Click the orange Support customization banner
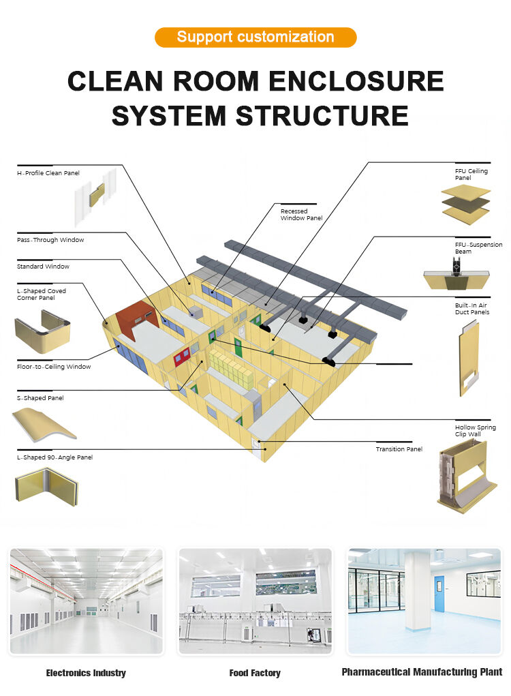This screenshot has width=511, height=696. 255,37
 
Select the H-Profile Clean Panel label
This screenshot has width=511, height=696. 48,173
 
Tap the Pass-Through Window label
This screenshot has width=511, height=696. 50,240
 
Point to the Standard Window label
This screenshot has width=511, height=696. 43,267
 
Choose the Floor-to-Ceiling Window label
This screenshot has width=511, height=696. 54,367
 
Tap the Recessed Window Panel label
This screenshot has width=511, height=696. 301,215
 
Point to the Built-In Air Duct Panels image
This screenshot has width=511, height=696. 469,358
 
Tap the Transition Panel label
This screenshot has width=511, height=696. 399,449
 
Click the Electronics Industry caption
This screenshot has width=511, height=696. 86,673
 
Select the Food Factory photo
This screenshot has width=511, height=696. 255,601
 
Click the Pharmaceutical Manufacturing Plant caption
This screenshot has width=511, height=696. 422,672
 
